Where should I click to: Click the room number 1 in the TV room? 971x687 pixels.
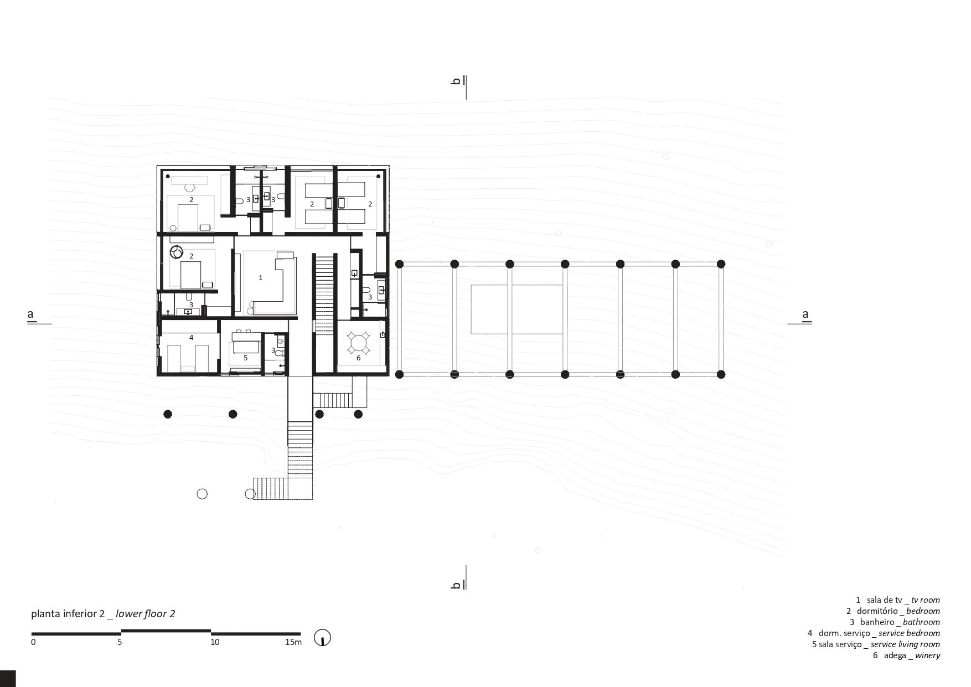coord(261,278)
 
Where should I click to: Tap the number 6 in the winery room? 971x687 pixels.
coord(359,358)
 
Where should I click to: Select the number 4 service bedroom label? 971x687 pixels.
coord(192,337)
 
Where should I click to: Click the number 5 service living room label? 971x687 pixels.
coord(246,358)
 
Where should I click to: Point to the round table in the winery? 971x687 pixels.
coord(359,343)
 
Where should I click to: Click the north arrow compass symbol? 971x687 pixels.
coord(322,638)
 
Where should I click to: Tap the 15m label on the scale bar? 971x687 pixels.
coord(293,642)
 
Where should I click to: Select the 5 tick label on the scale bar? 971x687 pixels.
coord(120,642)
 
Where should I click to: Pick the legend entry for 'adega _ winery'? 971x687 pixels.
coord(906,655)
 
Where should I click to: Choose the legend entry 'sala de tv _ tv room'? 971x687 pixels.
coord(898,600)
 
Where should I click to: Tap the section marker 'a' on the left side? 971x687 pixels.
coord(30,314)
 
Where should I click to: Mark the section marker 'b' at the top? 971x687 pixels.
coord(456,81)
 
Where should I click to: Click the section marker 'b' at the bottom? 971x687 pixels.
coord(456,585)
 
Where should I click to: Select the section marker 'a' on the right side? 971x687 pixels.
coord(805,314)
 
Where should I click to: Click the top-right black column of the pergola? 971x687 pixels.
coord(721,264)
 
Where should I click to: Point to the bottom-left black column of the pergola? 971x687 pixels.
coord(399,375)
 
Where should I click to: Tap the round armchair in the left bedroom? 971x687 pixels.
coord(177,252)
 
